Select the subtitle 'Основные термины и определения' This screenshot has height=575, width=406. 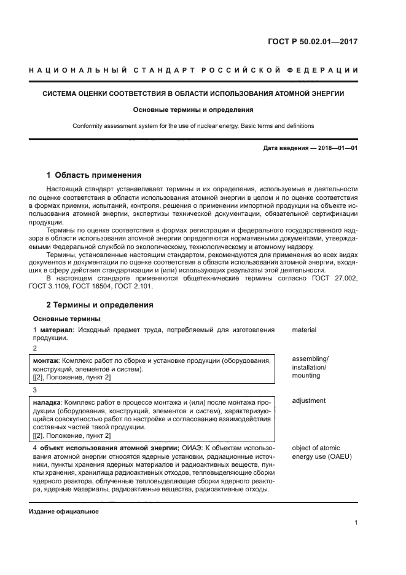pos(193,110)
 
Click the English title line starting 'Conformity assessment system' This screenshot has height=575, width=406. pos(193,125)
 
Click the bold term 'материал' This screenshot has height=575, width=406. pos(55,330)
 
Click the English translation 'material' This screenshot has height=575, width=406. pos(304,330)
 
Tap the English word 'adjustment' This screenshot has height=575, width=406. pos(308,401)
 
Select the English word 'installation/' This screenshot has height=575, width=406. pos(309,367)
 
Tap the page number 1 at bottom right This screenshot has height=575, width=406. pos(356,523)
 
